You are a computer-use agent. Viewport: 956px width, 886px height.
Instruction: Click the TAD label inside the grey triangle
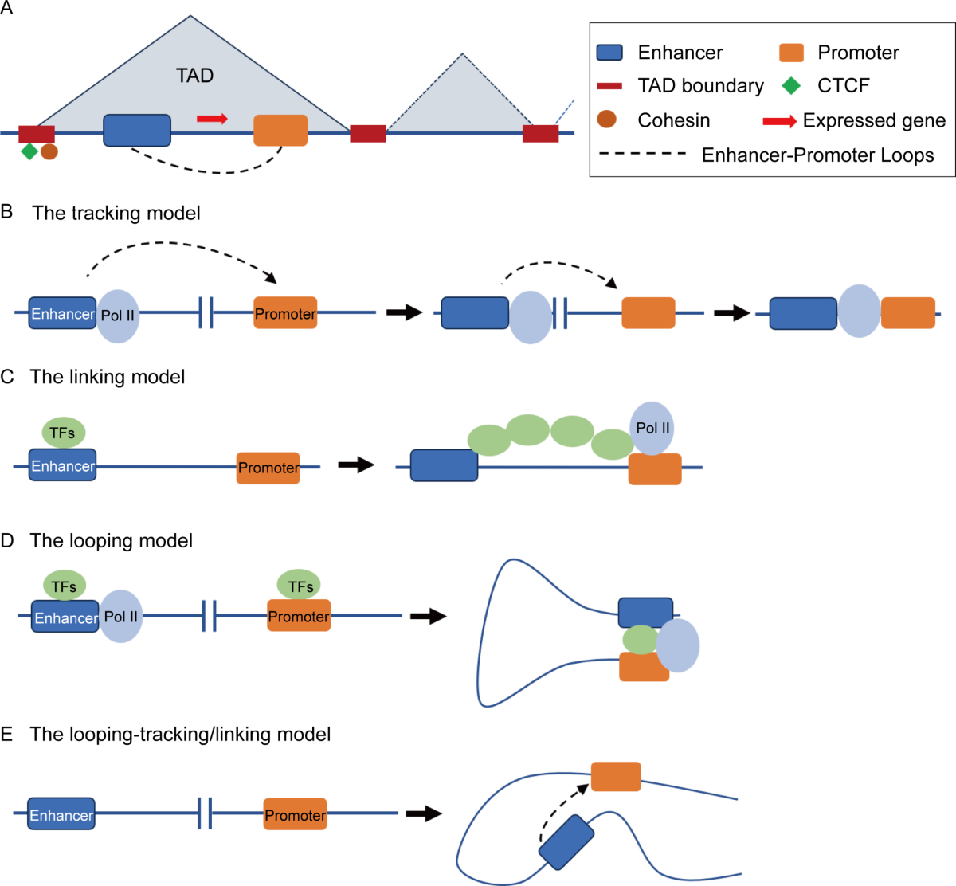(194, 76)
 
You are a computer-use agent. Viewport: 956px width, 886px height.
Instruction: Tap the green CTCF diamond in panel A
(29, 151)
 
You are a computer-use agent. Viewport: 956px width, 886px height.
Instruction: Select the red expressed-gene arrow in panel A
(212, 119)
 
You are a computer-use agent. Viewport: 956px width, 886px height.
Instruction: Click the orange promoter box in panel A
(280, 130)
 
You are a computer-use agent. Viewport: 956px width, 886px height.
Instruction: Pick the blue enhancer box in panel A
(137, 130)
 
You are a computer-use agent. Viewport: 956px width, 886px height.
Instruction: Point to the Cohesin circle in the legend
(607, 120)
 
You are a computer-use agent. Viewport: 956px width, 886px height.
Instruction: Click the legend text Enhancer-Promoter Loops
(817, 155)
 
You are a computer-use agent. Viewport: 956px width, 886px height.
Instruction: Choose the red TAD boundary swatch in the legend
(609, 85)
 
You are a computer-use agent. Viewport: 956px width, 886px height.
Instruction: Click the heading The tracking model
(116, 213)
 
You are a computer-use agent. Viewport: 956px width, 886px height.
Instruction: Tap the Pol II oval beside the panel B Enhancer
(118, 316)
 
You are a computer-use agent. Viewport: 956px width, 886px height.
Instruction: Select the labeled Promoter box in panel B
(285, 313)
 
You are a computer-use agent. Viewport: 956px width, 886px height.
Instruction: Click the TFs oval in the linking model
(63, 433)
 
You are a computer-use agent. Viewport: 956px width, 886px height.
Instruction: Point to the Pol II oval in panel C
(652, 428)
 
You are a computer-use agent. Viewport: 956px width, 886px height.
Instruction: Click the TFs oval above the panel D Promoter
(300, 586)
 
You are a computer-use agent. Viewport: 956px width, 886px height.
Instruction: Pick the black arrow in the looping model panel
(428, 616)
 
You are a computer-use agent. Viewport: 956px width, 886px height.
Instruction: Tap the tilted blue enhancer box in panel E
(566, 841)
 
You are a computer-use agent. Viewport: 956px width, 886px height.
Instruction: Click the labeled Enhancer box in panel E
(61, 814)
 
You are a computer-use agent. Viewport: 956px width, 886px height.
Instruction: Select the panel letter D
(7, 540)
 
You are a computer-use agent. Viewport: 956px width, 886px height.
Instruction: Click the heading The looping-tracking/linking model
(180, 734)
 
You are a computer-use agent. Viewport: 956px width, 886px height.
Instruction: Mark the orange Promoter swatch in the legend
(791, 53)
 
